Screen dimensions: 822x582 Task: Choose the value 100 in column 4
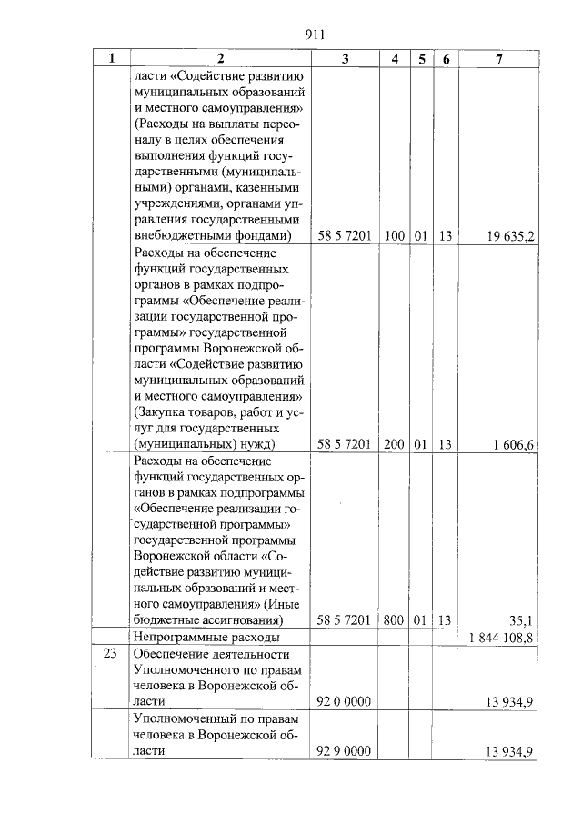[395, 236]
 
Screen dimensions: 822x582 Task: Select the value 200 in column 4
[395, 444]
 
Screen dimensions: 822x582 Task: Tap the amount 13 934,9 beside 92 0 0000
[510, 702]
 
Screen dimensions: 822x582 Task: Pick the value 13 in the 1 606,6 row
[446, 444]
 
